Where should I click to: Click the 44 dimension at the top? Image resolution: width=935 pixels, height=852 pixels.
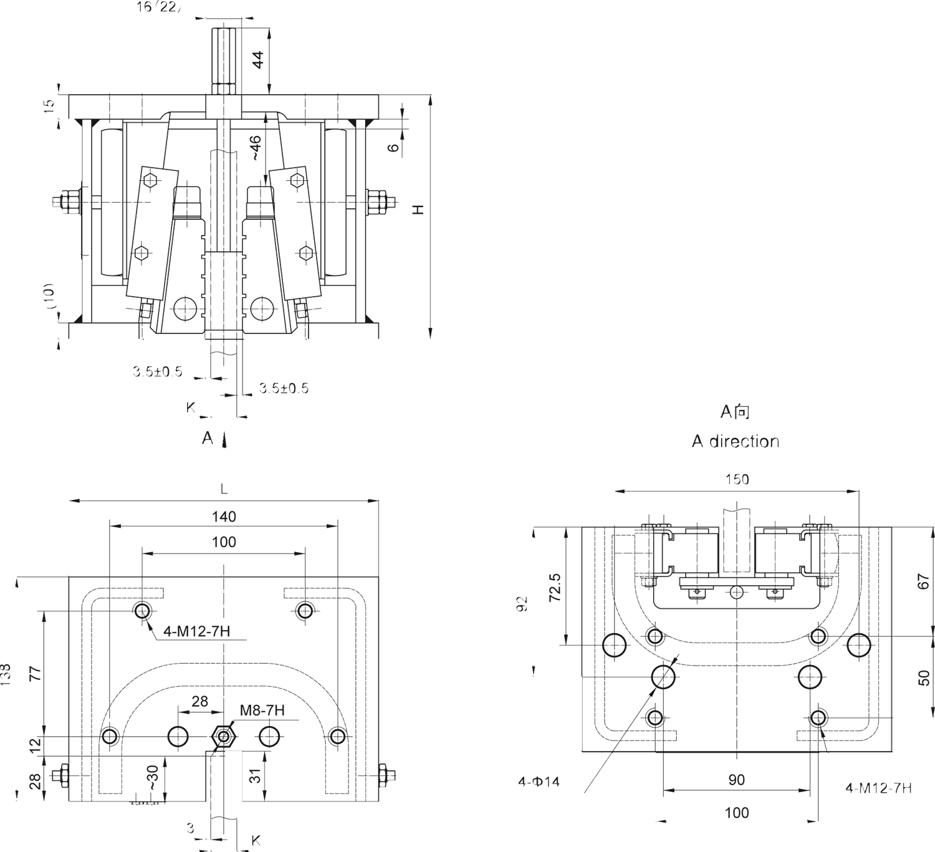point(258,59)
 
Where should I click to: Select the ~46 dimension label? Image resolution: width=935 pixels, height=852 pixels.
point(256,149)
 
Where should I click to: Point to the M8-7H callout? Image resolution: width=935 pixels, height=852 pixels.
point(262,710)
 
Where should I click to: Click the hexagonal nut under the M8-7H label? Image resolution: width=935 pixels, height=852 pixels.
point(223,737)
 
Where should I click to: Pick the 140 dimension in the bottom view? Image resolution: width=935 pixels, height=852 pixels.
point(224,517)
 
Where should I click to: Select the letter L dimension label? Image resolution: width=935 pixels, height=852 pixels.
point(224,490)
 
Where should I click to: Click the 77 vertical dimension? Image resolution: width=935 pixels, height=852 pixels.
point(35,673)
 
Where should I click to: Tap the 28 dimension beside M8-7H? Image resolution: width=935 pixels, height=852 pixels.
point(199,702)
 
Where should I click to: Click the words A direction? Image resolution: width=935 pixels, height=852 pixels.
point(736,441)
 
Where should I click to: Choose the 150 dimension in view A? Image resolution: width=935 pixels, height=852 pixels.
point(737,479)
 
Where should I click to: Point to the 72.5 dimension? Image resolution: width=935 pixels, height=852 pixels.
point(555,587)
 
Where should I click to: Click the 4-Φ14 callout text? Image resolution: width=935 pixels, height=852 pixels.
point(539,782)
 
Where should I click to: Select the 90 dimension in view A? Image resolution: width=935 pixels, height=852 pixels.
point(736,780)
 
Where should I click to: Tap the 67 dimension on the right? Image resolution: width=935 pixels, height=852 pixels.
point(924,582)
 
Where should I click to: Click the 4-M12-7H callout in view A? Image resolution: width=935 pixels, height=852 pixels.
point(878,788)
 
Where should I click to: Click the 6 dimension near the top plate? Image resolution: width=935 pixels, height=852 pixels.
point(393,147)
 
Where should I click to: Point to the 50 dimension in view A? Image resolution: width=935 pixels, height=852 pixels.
point(924,678)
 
